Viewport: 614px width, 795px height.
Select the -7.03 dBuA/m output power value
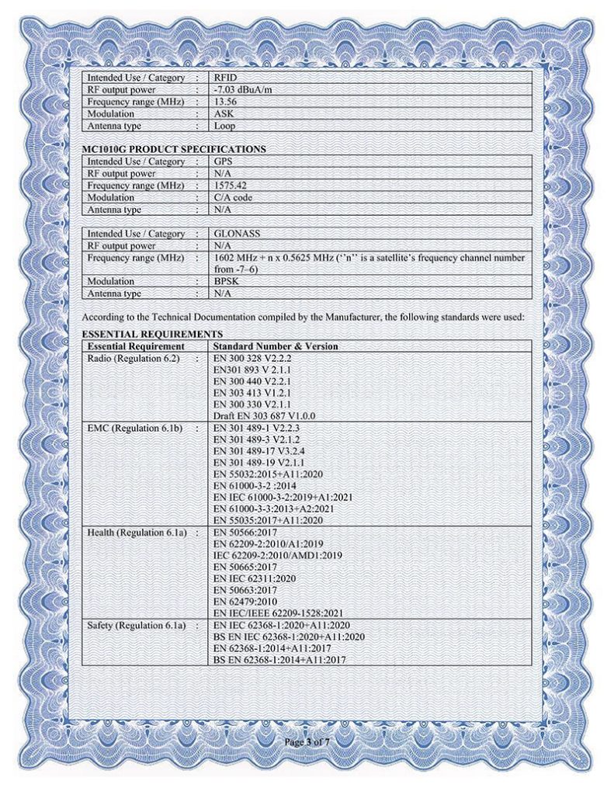coord(241,89)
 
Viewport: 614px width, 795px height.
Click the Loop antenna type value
coord(224,125)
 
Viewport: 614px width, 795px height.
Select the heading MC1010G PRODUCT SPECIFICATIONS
coord(174,149)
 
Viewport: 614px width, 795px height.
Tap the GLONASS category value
coord(237,234)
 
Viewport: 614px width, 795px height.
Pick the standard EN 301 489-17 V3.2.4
coord(262,452)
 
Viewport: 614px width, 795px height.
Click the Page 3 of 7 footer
coord(307,743)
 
